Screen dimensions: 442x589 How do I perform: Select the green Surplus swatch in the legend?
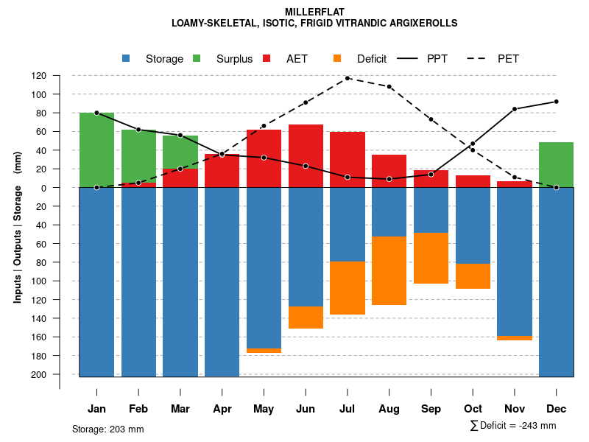pyautogui.click(x=197, y=59)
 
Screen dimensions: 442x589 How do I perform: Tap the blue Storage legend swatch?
pyautogui.click(x=126, y=59)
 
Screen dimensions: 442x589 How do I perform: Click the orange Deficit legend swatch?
pyautogui.click(x=337, y=59)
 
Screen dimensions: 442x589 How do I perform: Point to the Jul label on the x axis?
pyautogui.click(x=348, y=409)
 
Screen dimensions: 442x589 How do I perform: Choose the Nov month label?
pyautogui.click(x=515, y=409)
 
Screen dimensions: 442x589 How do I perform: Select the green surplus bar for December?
pyautogui.click(x=556, y=164)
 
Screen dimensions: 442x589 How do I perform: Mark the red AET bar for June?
pyautogui.click(x=306, y=155)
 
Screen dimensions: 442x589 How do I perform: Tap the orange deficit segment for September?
pyautogui.click(x=431, y=258)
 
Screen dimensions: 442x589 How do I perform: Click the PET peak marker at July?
pyautogui.click(x=348, y=78)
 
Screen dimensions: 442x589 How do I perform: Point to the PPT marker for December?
pyautogui.click(x=556, y=102)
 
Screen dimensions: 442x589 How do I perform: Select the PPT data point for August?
pyautogui.click(x=389, y=179)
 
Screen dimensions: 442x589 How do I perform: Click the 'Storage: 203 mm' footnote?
pyautogui.click(x=107, y=429)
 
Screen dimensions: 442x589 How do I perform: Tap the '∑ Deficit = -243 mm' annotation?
pyautogui.click(x=512, y=426)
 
